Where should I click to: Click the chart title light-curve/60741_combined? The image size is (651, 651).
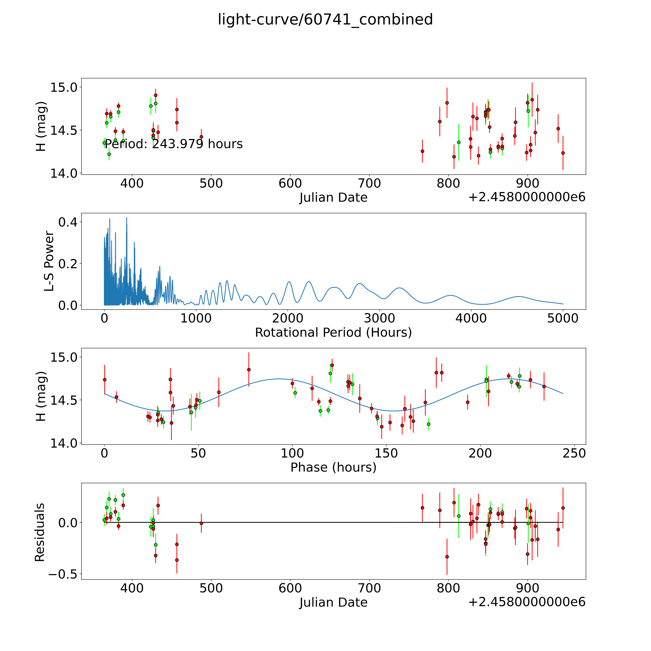[325, 20]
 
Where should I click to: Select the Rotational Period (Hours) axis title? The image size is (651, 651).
[333, 333]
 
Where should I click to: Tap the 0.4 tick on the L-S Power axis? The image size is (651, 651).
[67, 222]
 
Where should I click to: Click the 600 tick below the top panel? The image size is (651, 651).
[290, 184]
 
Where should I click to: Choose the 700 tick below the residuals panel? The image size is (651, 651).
[369, 588]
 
